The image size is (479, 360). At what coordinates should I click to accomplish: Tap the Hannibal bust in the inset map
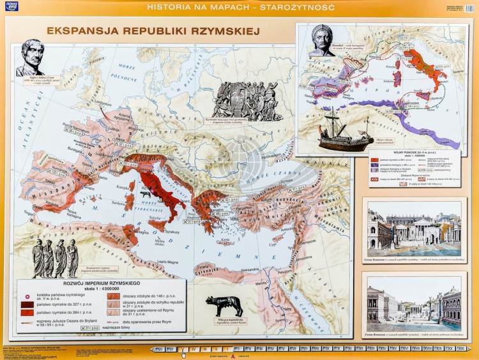[321, 40]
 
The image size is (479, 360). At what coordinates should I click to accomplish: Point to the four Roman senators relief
[56, 258]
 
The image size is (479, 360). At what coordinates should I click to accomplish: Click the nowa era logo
[11, 6]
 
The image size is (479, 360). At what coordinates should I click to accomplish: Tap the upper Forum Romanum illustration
[414, 229]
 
